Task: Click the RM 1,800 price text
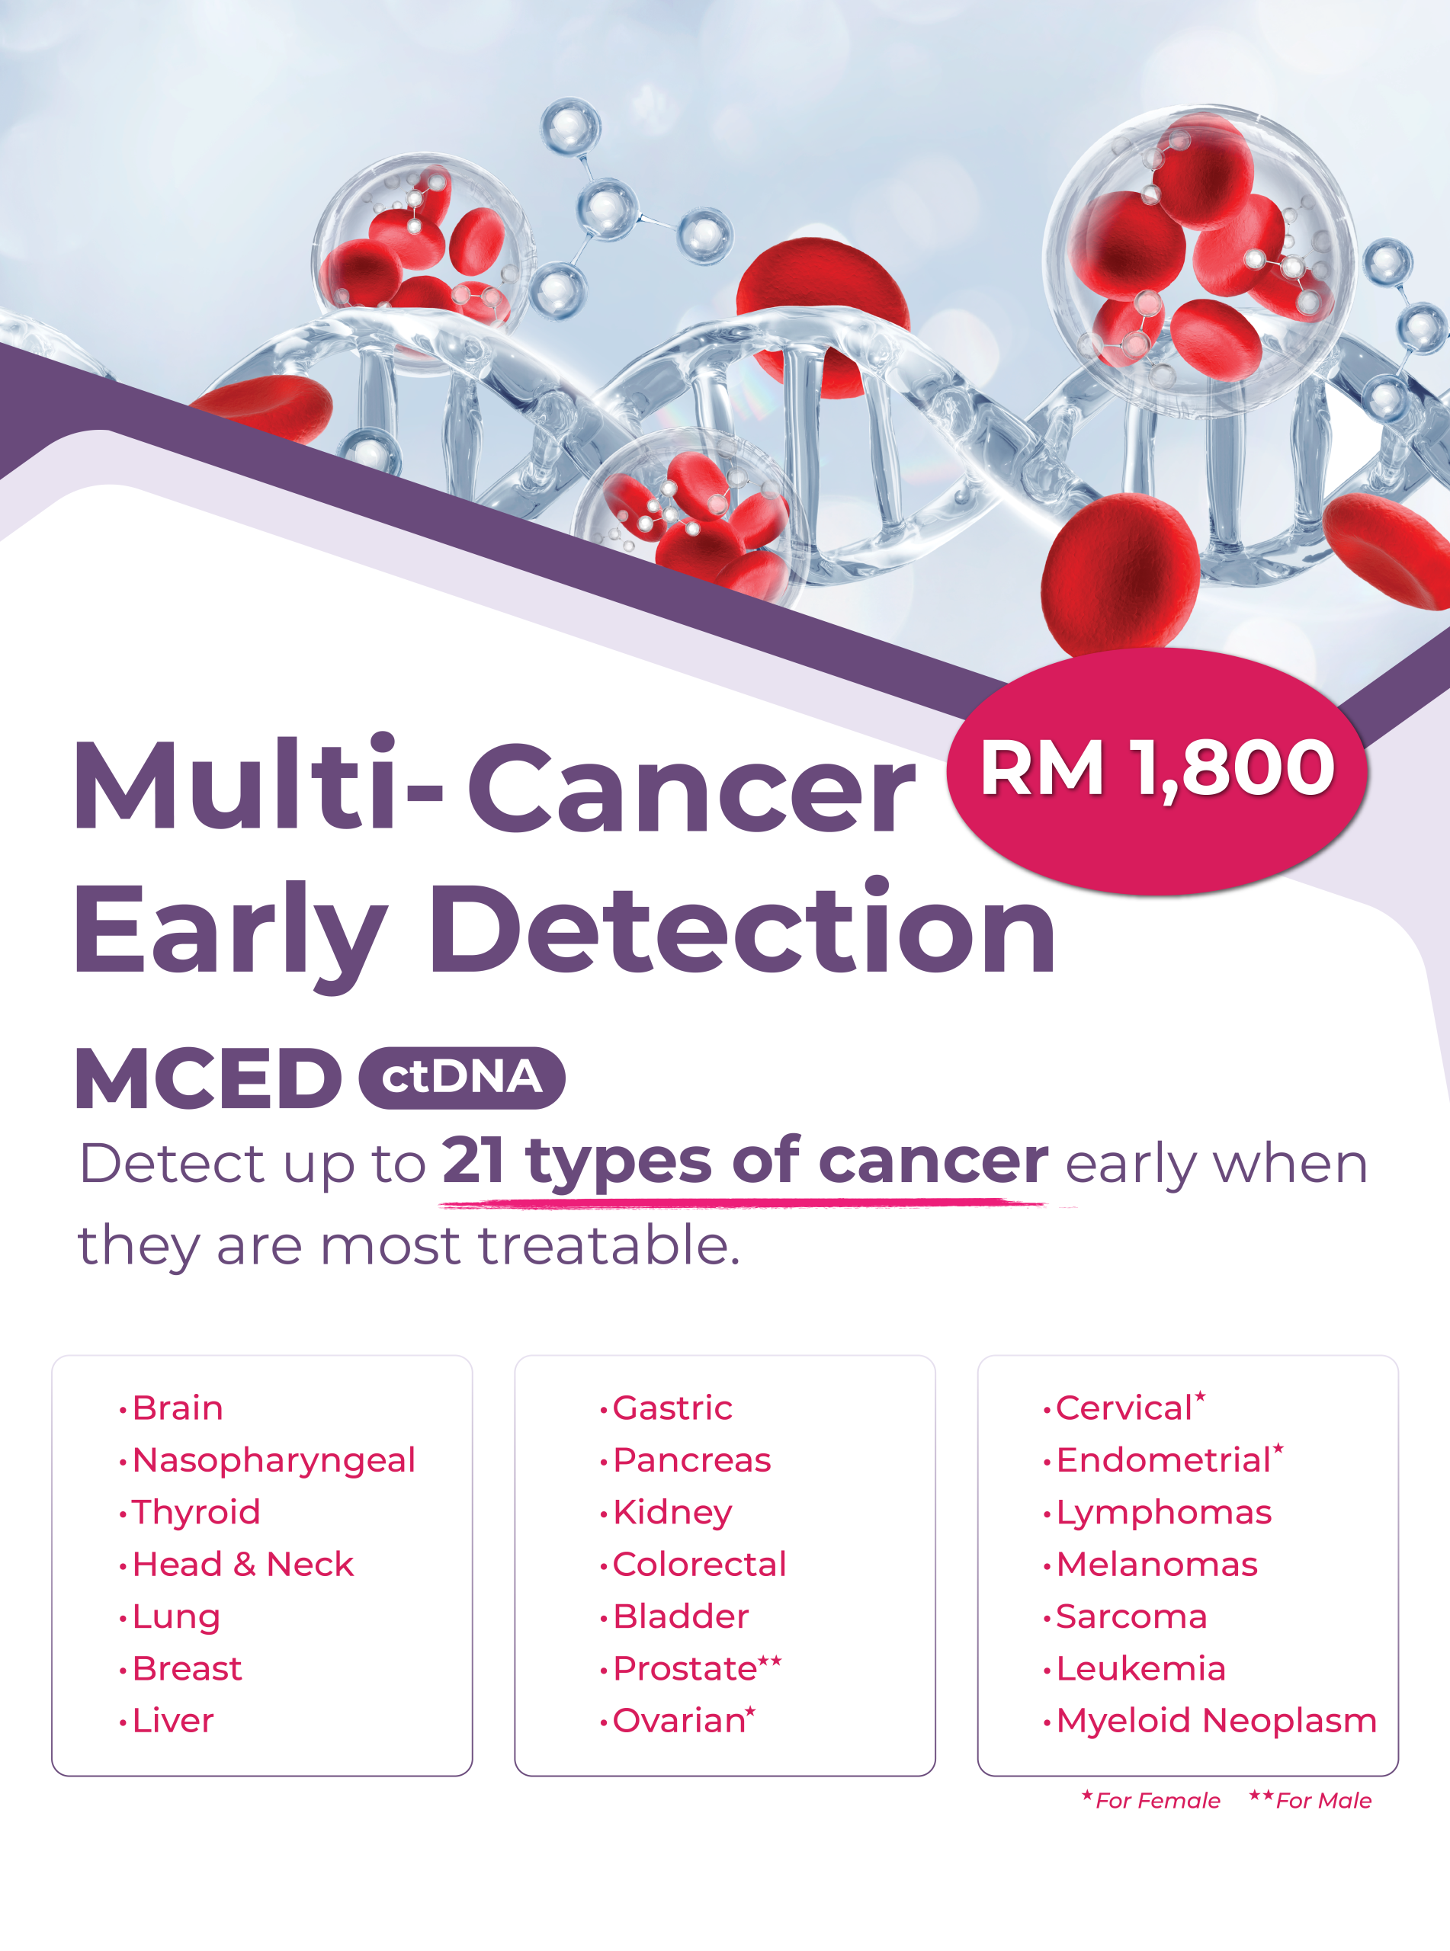[1156, 768]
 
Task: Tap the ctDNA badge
[462, 1078]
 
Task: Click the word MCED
[208, 1078]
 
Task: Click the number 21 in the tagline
[473, 1161]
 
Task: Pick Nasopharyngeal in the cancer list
[273, 1459]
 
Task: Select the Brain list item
[178, 1408]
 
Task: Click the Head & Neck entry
[242, 1564]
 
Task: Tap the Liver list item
[173, 1720]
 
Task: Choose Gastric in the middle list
[672, 1408]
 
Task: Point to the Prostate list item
[685, 1668]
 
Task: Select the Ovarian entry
[679, 1720]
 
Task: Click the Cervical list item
[1124, 1408]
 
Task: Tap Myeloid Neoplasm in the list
[1217, 1720]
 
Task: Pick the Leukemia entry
[1141, 1668]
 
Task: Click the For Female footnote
[1156, 1801]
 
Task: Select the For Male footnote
[1323, 1801]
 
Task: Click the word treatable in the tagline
[609, 1246]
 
